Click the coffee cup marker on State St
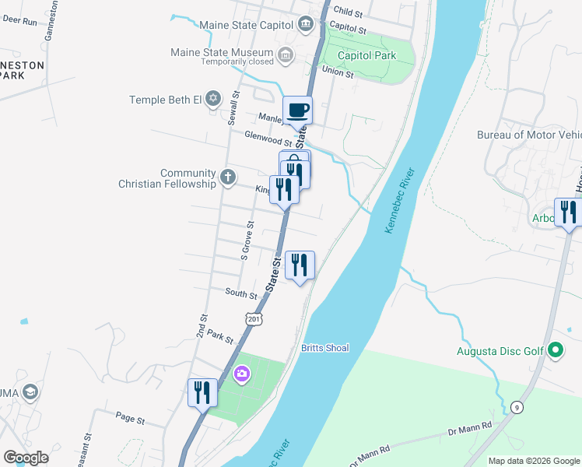297,110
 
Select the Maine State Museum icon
286,54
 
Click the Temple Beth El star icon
214,100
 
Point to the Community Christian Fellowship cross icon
227,177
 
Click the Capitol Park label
366,55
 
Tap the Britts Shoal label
325,348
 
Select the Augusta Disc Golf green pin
555,351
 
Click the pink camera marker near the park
242,375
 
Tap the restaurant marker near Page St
202,392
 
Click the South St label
241,294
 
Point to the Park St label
221,336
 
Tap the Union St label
338,73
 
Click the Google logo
26,458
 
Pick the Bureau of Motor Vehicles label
529,135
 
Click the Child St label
347,13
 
